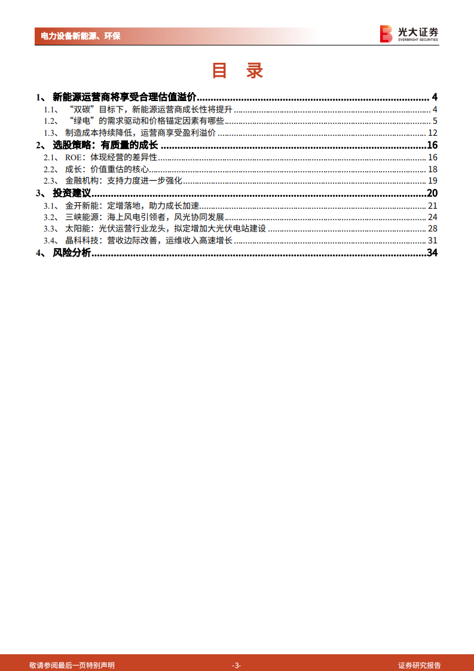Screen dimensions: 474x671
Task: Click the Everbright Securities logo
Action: click(x=409, y=33)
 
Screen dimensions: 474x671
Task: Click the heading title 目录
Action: click(x=237, y=71)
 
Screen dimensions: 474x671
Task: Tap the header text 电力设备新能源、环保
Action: click(x=81, y=36)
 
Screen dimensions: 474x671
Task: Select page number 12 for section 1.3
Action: click(x=433, y=133)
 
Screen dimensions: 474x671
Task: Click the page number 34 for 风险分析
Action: click(x=432, y=253)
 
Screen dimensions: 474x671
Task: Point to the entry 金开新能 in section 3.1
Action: click(x=81, y=205)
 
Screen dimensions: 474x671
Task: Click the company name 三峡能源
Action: click(x=81, y=217)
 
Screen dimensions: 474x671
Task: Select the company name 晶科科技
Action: click(x=81, y=241)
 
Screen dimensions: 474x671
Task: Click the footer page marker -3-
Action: click(x=237, y=665)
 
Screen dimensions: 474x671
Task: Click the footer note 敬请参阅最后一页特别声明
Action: click(x=72, y=665)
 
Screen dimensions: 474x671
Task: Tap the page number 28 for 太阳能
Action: click(x=433, y=229)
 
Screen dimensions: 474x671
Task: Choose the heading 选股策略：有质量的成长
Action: click(x=105, y=145)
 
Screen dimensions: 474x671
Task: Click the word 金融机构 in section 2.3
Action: click(x=81, y=181)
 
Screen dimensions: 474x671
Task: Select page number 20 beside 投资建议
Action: click(x=432, y=193)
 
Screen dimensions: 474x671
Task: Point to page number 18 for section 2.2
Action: click(x=433, y=169)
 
